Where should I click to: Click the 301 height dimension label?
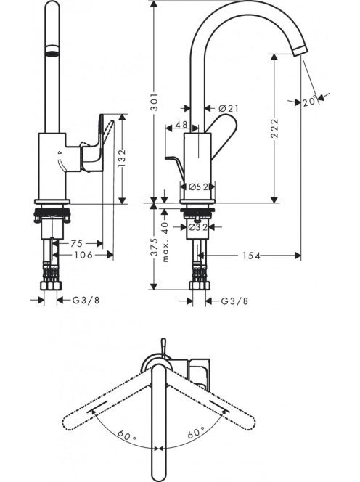(155, 102)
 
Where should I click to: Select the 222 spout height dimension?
(275, 128)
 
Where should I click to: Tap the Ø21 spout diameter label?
(229, 108)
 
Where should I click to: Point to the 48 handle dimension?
(181, 125)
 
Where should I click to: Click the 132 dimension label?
(122, 158)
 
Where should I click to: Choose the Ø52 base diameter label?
(198, 187)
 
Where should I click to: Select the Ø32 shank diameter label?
(198, 227)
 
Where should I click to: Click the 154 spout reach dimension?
(251, 256)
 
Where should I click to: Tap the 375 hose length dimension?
(155, 247)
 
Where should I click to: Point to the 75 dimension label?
(77, 243)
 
